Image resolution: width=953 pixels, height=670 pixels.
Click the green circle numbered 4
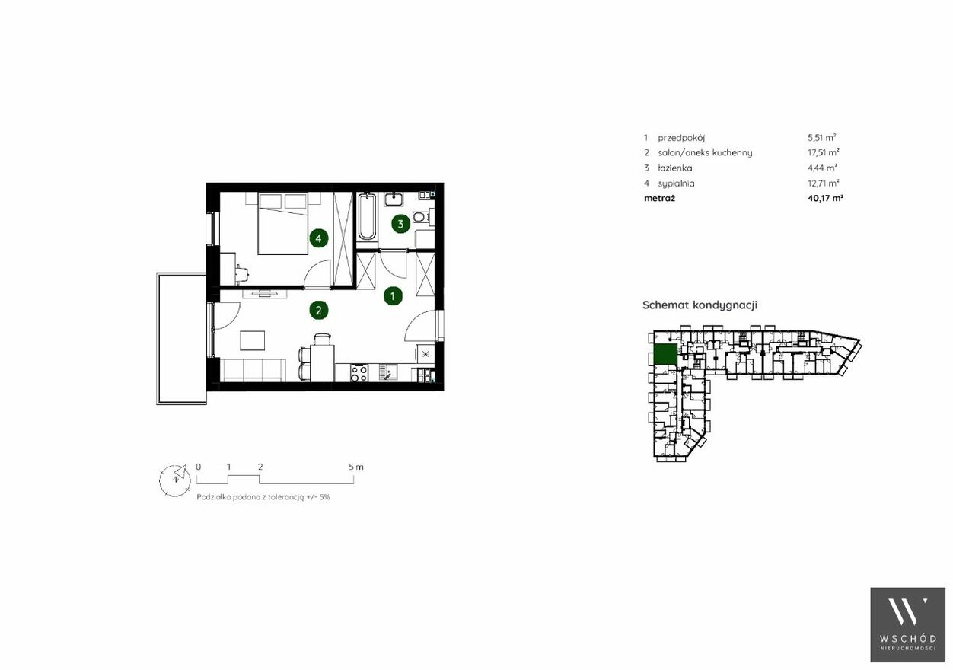(x=319, y=238)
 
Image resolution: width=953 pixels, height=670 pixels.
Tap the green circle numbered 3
(x=400, y=224)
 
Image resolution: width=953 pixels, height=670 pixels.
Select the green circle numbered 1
(x=393, y=296)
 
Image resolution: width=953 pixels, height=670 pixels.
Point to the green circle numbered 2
(x=319, y=311)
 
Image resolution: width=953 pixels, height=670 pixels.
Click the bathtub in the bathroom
(x=367, y=217)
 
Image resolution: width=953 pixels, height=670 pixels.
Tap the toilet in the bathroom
(x=420, y=217)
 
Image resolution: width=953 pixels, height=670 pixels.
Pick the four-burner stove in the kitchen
(x=359, y=373)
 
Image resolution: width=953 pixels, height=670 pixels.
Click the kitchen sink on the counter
(x=387, y=372)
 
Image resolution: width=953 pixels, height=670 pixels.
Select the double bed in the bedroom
(x=283, y=224)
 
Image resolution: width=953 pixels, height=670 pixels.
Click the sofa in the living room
(x=253, y=370)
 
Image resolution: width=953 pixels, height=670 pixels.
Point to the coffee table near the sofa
(x=252, y=340)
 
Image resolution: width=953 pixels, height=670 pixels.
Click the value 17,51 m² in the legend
(x=824, y=152)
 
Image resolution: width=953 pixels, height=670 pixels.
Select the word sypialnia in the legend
(x=676, y=183)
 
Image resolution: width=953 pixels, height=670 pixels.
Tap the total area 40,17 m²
(x=825, y=198)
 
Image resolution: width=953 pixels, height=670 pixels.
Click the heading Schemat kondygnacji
(x=700, y=305)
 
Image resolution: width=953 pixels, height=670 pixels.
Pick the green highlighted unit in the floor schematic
(x=665, y=354)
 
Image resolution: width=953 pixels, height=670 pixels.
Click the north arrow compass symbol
(x=175, y=480)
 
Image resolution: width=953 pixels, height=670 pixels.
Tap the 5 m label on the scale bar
(x=356, y=467)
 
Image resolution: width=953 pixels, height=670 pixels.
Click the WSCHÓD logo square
(x=907, y=624)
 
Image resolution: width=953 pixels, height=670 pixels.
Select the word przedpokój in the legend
(x=681, y=138)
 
